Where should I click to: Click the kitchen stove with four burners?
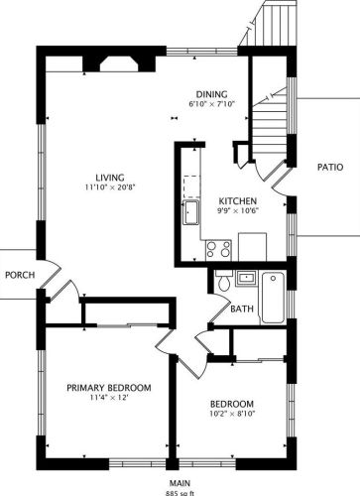[x=218, y=249]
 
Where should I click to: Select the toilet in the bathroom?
[x=225, y=283]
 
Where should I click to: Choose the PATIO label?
[x=330, y=168]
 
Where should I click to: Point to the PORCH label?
[x=20, y=275]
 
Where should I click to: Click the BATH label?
[x=242, y=310]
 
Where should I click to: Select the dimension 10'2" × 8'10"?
[x=231, y=414]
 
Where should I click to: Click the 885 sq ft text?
[x=180, y=491]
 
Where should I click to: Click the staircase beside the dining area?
[x=272, y=119]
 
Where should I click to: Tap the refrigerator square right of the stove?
[x=253, y=246]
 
